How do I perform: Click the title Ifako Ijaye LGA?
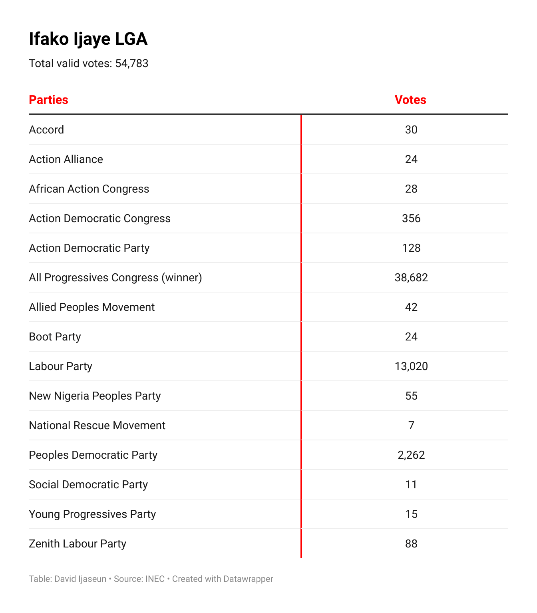point(88,39)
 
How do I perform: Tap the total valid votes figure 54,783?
point(132,64)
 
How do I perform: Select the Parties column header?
point(49,100)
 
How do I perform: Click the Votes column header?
point(410,100)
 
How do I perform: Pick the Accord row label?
point(46,130)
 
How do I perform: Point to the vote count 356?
point(411,219)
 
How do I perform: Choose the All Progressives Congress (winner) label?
point(115,278)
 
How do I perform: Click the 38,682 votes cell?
point(411,278)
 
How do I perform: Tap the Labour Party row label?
point(61,366)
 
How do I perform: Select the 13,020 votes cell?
point(411,366)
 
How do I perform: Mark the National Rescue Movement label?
point(97,426)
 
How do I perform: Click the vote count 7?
point(411,426)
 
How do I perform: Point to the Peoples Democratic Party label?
point(93,455)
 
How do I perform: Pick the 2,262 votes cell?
point(411,455)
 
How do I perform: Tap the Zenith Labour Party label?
point(78,544)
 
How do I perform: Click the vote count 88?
point(411,544)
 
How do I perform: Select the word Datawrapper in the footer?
point(248,579)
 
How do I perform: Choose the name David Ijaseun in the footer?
point(80,579)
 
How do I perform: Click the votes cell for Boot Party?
point(411,337)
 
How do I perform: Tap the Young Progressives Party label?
point(92,514)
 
